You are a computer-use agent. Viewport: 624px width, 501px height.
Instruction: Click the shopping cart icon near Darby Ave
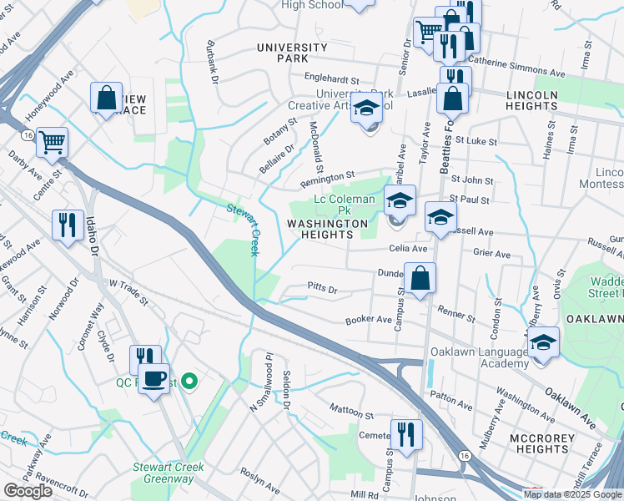[x=52, y=142]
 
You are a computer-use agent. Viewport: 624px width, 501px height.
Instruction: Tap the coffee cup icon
[x=153, y=378]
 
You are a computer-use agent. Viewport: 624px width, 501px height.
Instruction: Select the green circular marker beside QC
[x=189, y=382]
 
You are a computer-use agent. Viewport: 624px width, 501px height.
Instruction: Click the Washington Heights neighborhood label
[x=327, y=230]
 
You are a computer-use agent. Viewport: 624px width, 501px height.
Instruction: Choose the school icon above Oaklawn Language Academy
[x=543, y=342]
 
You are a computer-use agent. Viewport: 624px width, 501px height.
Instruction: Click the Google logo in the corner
[x=28, y=491]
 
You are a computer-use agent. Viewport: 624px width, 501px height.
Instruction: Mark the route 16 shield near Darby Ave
[x=28, y=134]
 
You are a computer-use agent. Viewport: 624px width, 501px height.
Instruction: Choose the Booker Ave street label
[x=369, y=320]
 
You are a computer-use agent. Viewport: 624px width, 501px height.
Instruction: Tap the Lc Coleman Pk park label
[x=340, y=205]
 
